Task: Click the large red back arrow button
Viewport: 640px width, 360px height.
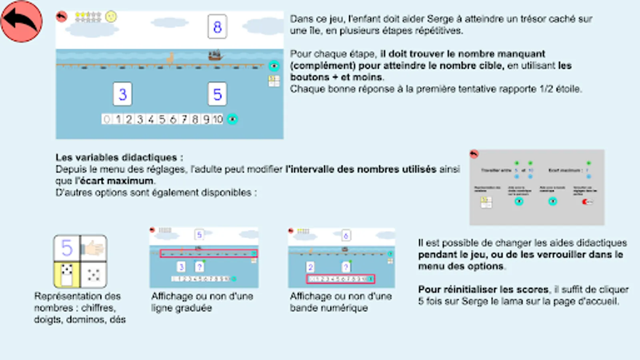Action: [x=21, y=21]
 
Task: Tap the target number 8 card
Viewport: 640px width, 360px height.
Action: [x=217, y=27]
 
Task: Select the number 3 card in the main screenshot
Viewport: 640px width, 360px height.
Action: [x=122, y=94]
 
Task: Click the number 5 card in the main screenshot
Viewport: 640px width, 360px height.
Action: [x=217, y=94]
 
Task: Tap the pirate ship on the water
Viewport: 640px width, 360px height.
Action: [x=215, y=55]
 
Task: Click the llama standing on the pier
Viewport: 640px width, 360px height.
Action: [x=171, y=58]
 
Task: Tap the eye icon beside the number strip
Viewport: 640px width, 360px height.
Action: [x=232, y=119]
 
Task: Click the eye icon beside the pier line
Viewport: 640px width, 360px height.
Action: [x=274, y=66]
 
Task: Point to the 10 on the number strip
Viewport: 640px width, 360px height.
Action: [x=217, y=119]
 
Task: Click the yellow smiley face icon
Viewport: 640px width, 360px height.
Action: [x=111, y=16]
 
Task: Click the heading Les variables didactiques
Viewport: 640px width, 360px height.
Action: [x=119, y=157]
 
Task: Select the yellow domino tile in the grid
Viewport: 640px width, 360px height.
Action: [x=67, y=275]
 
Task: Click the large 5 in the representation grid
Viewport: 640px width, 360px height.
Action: [x=67, y=248]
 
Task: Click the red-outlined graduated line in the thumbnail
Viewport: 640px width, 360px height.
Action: [x=208, y=254]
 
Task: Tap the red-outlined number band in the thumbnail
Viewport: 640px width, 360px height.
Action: [x=340, y=279]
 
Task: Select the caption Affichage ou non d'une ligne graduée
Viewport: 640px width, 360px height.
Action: [x=202, y=302]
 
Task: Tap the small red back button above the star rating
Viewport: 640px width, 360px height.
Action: [x=61, y=17]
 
